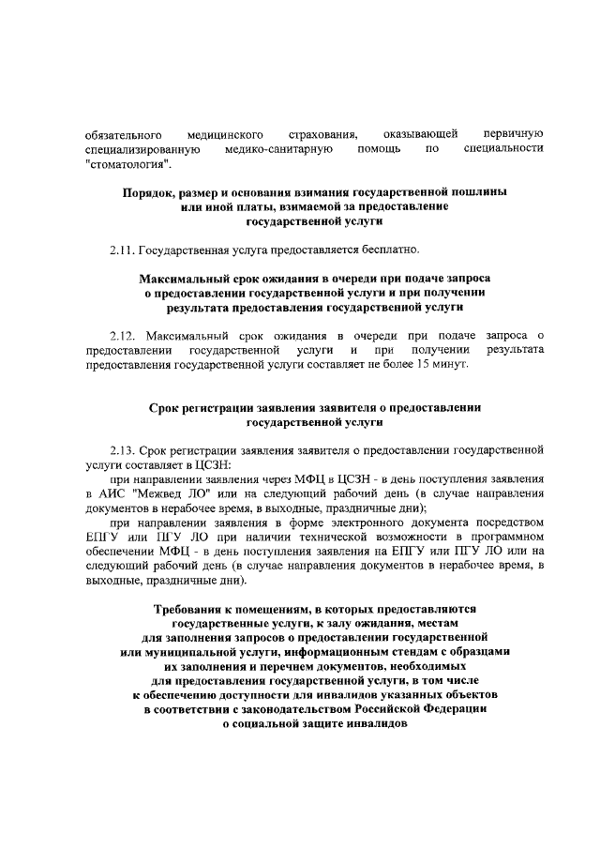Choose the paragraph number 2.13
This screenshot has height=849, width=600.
(122, 448)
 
